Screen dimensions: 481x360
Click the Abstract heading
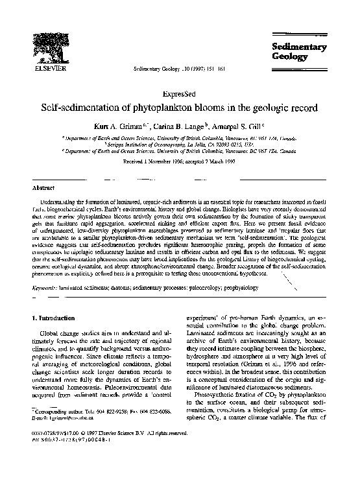coord(43,187)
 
